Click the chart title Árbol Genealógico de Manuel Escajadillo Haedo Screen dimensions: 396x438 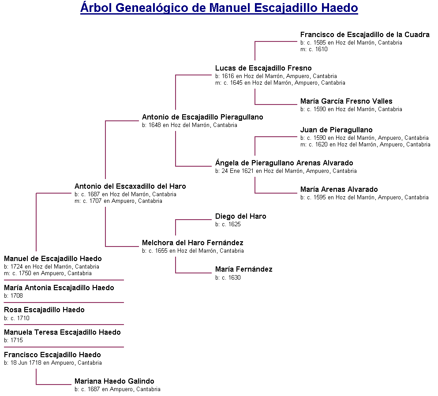point(219,8)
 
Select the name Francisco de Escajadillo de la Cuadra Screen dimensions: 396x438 point(365,34)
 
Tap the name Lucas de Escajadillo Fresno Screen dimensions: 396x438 point(263,68)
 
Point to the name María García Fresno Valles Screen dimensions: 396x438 point(346,101)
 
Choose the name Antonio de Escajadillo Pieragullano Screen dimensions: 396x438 point(202,117)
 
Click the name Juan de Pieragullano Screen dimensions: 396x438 point(336,130)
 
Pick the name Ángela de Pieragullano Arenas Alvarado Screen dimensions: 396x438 point(284,163)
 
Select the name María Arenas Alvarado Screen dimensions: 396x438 point(339,189)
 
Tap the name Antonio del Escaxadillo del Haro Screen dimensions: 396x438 point(130,186)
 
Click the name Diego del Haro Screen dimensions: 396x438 point(240,216)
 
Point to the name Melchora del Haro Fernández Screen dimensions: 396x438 point(192,243)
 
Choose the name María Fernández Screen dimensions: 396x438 point(243,269)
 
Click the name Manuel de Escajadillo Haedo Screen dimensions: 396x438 point(53,258)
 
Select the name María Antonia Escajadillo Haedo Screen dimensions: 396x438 point(59,288)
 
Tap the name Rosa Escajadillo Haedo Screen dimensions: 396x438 point(44,310)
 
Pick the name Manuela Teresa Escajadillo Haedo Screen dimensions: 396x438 point(62,332)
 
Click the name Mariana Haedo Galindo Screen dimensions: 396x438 point(114,381)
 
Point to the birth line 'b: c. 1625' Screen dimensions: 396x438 point(228,224)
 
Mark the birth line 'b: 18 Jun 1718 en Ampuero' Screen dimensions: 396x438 point(53,363)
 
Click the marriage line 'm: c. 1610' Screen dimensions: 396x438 point(314,49)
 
